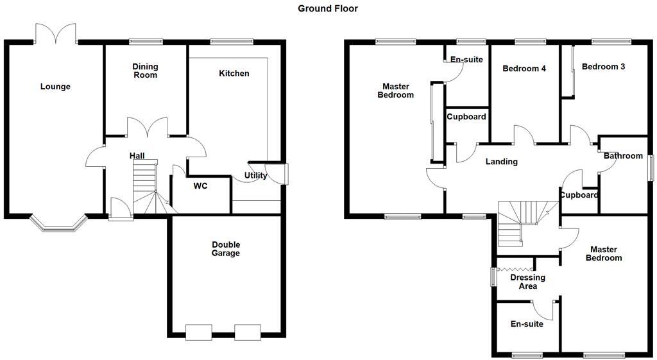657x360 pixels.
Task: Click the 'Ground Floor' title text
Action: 328,8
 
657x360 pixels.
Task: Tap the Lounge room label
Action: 55,87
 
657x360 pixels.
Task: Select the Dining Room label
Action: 145,71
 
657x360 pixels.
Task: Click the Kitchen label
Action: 234,73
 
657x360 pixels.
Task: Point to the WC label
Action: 201,187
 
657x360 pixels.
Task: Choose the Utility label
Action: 255,176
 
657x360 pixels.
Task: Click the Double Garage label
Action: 226,248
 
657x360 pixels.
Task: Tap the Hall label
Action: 137,156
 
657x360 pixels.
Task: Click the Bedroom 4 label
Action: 524,69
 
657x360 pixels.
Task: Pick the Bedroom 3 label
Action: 603,66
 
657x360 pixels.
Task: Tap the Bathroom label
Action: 623,156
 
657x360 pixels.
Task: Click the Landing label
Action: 501,162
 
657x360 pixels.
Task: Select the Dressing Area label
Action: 527,282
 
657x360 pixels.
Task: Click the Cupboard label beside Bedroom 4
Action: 466,117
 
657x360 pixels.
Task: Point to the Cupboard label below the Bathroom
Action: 579,195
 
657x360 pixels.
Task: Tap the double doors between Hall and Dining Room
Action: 147,127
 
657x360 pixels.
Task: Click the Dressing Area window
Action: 493,277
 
